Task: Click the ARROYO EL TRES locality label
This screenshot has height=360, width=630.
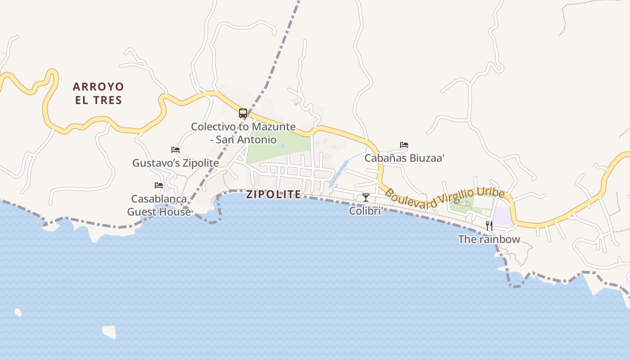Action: click(98, 93)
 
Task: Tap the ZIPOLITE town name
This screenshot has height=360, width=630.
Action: click(273, 194)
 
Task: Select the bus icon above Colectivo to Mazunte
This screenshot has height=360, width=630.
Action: click(243, 113)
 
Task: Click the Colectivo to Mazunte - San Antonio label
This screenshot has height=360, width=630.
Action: click(243, 133)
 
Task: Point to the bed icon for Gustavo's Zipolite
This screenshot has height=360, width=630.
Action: click(175, 150)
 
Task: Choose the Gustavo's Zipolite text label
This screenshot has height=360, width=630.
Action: click(175, 163)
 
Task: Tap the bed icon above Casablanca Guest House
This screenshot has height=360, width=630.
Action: click(158, 185)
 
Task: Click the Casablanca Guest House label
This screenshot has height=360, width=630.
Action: click(158, 205)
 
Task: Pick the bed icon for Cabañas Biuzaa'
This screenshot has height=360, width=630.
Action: click(404, 145)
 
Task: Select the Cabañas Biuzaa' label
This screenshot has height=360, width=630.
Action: click(404, 158)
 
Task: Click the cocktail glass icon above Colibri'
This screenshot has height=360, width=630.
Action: click(365, 198)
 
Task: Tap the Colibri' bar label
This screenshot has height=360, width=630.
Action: click(365, 211)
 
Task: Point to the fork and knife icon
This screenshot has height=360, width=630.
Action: click(489, 226)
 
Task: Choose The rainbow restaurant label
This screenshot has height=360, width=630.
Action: click(489, 239)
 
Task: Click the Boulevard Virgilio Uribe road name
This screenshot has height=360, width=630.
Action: click(445, 198)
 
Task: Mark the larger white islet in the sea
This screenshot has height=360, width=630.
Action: click(109, 332)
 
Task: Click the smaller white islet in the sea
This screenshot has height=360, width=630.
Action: click(18, 312)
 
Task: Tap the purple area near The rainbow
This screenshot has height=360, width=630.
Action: click(502, 216)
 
